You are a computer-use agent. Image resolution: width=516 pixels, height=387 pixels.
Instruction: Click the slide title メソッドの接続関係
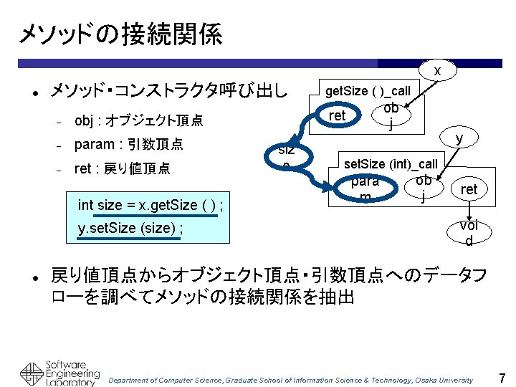[x=120, y=34]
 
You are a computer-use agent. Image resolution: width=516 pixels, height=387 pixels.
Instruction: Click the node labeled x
[x=436, y=70]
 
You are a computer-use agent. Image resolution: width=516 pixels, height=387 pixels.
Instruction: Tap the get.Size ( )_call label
[x=368, y=91]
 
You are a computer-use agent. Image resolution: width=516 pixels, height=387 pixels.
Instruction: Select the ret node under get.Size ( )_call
[x=337, y=115]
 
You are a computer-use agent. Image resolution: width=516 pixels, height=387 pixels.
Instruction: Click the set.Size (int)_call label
[x=391, y=163]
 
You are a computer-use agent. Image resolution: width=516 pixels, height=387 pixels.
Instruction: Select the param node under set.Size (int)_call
[x=365, y=188]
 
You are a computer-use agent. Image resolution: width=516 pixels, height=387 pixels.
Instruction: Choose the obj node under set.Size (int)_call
[x=424, y=186]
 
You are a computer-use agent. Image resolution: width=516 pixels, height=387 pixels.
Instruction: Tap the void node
[x=469, y=232]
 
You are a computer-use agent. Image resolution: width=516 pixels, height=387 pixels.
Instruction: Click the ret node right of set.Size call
[x=469, y=189]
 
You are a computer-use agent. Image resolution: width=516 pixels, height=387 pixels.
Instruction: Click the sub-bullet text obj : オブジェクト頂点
[x=138, y=120]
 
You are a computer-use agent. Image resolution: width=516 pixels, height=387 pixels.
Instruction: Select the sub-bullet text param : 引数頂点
[x=128, y=144]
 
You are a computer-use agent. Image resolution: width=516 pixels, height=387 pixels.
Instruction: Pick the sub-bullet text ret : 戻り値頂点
[x=122, y=169]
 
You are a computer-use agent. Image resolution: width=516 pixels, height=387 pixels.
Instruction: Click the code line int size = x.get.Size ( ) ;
[x=150, y=205]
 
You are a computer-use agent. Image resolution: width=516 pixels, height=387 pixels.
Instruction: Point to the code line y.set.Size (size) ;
[x=130, y=229]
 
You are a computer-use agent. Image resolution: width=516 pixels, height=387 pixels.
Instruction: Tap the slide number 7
[x=502, y=377]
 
